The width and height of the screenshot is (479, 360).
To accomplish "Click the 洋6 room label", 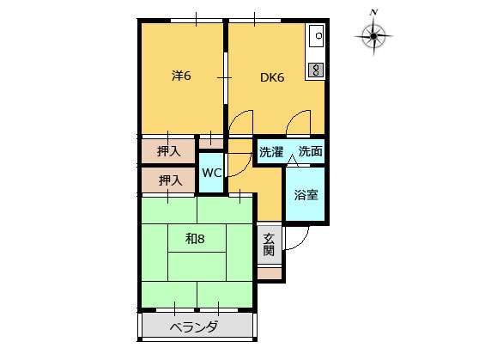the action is (x=181, y=76).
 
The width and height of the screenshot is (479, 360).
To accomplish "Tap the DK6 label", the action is (x=272, y=77).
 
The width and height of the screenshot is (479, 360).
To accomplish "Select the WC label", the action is (x=212, y=173).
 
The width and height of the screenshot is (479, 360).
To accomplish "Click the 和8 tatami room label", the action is (x=195, y=239).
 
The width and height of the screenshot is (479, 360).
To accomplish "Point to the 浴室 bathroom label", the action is (x=306, y=195).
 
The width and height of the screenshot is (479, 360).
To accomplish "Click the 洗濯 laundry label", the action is (x=271, y=152).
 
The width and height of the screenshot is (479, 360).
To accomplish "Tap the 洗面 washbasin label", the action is (x=311, y=151).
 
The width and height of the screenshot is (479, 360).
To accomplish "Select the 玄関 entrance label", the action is (x=269, y=244).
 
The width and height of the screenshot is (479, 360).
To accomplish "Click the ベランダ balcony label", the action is (x=194, y=327).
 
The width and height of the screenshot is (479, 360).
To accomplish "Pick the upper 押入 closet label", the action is (x=169, y=151).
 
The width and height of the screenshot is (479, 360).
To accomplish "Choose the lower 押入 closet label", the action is (x=170, y=180).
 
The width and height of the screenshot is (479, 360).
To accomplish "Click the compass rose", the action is (x=373, y=36).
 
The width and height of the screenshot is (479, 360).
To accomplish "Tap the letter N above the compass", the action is (x=373, y=12).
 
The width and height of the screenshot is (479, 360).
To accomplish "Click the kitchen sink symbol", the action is (x=316, y=36).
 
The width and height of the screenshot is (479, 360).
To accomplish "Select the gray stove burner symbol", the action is (x=316, y=70).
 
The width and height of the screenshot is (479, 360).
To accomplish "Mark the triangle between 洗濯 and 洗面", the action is (x=293, y=161).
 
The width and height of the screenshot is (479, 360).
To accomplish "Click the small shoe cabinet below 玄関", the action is (x=270, y=273).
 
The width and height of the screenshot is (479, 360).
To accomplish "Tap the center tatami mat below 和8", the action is (x=197, y=266).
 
